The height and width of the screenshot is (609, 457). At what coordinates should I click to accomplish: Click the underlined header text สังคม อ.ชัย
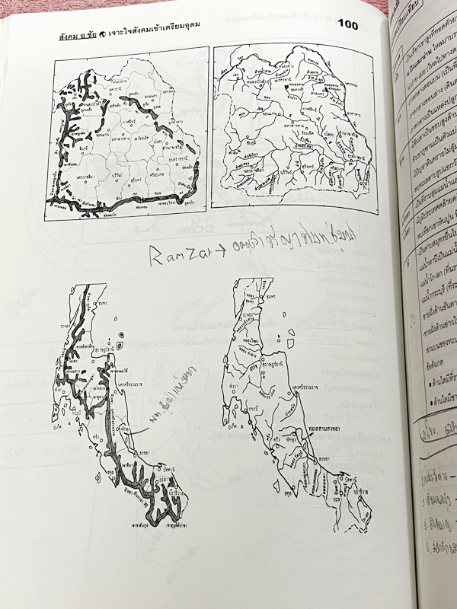81,36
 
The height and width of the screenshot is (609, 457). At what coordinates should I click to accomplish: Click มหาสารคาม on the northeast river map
293,121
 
